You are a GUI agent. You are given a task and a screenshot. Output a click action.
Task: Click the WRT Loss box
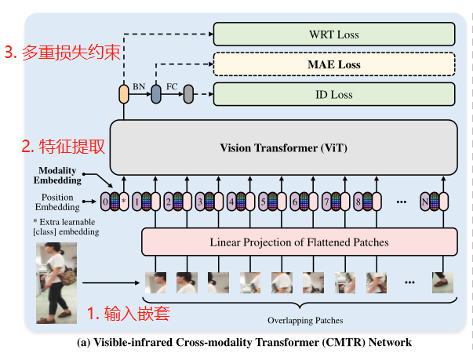coord(334,35)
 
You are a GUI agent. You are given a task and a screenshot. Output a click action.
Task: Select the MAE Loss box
coord(334,64)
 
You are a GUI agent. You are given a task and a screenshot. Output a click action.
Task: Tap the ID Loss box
coord(334,95)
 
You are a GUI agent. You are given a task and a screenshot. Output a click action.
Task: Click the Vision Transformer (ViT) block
coord(282,147)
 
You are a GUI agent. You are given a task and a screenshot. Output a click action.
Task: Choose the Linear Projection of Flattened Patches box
coord(298,242)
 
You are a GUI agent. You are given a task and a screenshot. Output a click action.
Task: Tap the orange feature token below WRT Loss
coord(123,95)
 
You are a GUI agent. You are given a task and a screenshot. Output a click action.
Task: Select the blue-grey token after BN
coord(156,95)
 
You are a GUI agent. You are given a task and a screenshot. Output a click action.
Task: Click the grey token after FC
coord(188,95)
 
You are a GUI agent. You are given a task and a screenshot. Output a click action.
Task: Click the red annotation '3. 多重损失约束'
coord(63,53)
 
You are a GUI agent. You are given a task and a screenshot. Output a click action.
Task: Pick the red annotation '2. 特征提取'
coord(63,146)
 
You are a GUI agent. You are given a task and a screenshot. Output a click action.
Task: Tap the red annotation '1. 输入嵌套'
coord(128,314)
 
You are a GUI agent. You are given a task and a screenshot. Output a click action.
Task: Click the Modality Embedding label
coord(60,176)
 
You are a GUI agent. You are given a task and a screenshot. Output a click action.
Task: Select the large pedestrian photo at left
coord(56,282)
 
